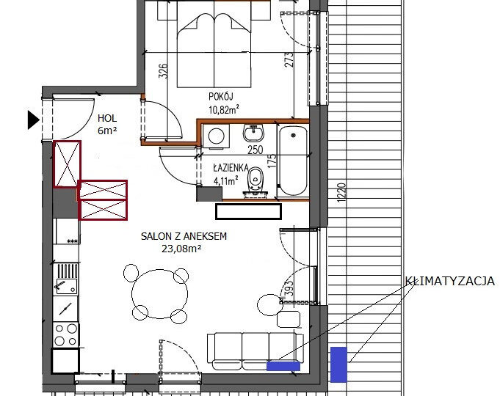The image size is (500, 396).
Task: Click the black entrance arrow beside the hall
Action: [x=33, y=120]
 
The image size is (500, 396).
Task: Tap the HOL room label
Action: [x=107, y=119]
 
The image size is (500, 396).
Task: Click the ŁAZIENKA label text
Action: [x=231, y=168]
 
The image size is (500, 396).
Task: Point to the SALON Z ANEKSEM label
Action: [x=184, y=236]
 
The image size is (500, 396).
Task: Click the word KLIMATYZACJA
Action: [x=450, y=281]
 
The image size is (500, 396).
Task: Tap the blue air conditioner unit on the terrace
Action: [x=338, y=364]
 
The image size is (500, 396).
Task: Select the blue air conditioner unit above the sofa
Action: [x=283, y=367]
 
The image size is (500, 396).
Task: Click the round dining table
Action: [x=160, y=294]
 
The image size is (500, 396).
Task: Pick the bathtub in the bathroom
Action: [x=294, y=161]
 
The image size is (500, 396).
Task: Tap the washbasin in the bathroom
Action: [x=253, y=133]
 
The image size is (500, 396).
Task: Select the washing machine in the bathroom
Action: [x=216, y=136]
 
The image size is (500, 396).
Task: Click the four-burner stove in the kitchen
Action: [x=66, y=335]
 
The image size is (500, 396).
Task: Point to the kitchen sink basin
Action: [x=66, y=286]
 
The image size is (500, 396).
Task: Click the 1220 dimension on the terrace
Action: [x=341, y=193]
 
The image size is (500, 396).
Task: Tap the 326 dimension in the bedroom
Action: [x=163, y=71]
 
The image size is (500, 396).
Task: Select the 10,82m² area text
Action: [x=224, y=110]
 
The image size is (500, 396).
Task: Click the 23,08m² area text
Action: [x=181, y=249]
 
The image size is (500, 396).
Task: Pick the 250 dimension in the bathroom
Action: [x=256, y=150]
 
